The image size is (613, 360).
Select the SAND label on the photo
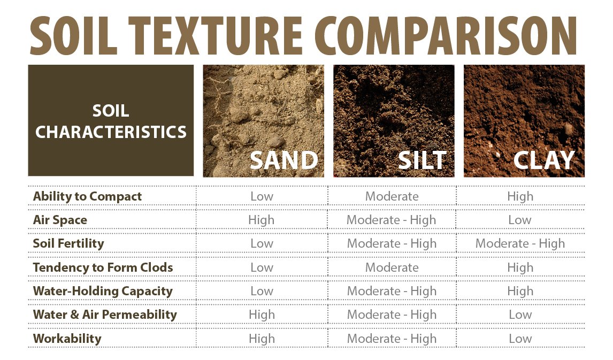[x=283, y=160]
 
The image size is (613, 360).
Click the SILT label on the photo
[x=422, y=160]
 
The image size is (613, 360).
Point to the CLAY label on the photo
[x=544, y=160]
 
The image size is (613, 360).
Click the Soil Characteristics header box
[x=111, y=120]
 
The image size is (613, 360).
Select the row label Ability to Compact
[x=87, y=196]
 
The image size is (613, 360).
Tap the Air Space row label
[x=60, y=220]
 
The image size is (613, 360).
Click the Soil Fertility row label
[x=68, y=243]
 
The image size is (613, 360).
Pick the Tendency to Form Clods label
[x=103, y=267]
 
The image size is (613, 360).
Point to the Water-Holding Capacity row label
[x=103, y=291]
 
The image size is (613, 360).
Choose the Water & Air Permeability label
[x=105, y=315]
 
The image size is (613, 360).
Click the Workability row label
[x=67, y=339]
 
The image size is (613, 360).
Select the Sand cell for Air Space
[x=262, y=220]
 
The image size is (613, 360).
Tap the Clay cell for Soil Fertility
[x=520, y=243]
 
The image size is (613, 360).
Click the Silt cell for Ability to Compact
[x=392, y=196]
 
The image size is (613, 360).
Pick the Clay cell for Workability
[x=520, y=339]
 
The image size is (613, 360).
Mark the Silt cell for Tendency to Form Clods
[x=392, y=267]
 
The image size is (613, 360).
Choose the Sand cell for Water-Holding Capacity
[x=262, y=291]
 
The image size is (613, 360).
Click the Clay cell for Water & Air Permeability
[x=520, y=315]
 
